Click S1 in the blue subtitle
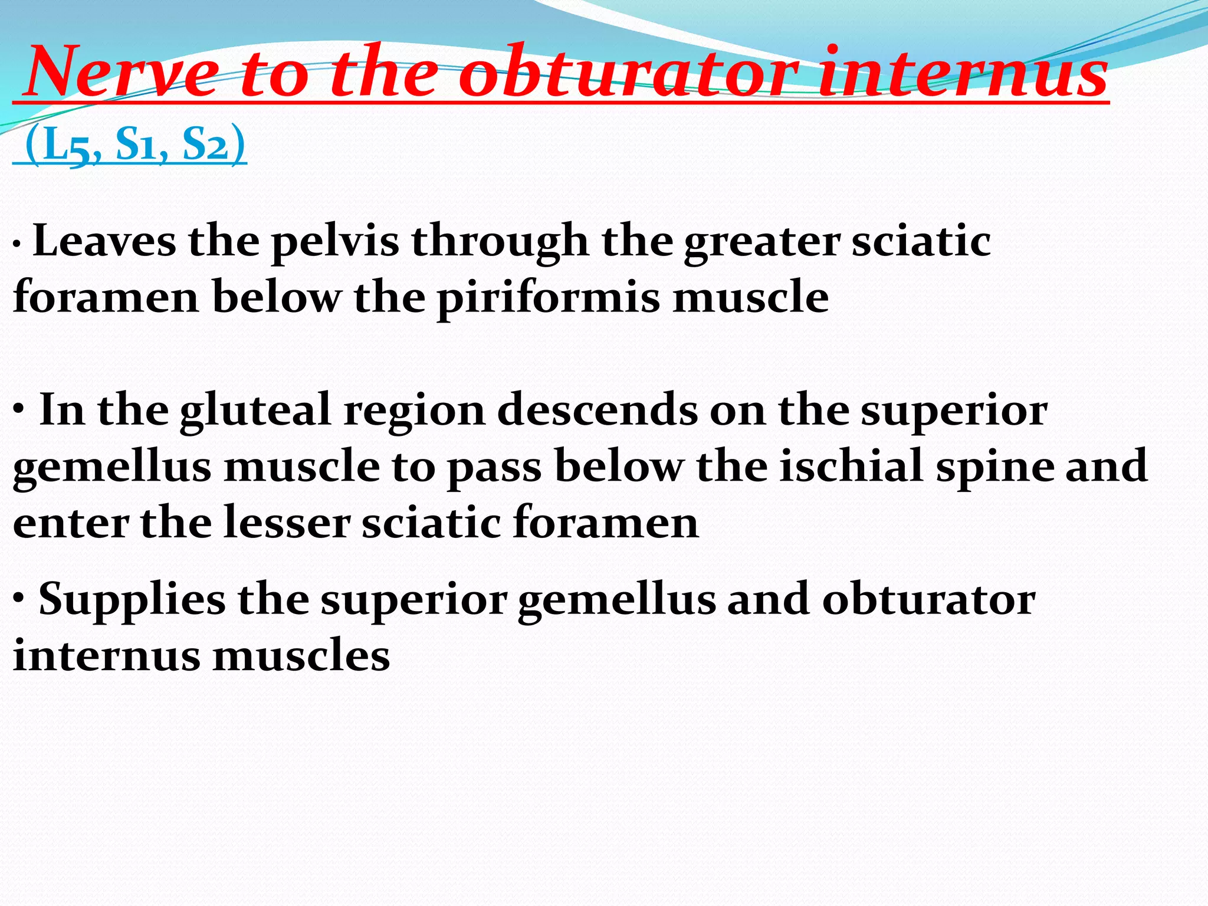coord(135,145)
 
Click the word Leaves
coord(104,242)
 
